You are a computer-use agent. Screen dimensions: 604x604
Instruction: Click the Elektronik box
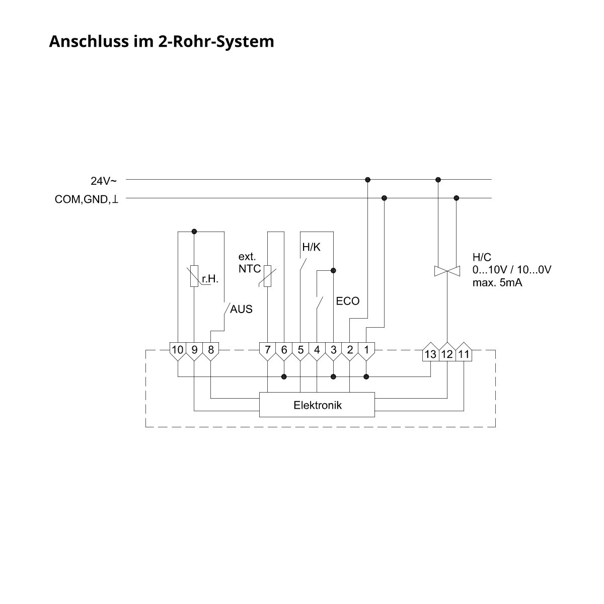pyautogui.click(x=317, y=405)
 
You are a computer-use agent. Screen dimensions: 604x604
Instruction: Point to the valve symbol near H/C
pyautogui.click(x=447, y=271)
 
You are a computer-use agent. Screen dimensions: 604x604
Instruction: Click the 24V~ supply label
pyautogui.click(x=104, y=181)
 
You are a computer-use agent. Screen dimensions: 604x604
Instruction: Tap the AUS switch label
pyautogui.click(x=241, y=309)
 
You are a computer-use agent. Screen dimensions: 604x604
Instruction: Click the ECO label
pyautogui.click(x=348, y=301)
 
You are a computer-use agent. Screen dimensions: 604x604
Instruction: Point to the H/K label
pyautogui.click(x=311, y=247)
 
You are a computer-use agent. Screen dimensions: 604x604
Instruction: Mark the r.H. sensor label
pyautogui.click(x=210, y=278)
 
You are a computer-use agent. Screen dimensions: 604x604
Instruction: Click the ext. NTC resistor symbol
pyautogui.click(x=267, y=276)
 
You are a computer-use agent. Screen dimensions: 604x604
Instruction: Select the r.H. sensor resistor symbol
pyautogui.click(x=194, y=276)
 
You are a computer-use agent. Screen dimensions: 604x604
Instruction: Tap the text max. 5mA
pyautogui.click(x=497, y=283)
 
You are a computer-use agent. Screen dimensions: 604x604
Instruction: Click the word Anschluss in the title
pyautogui.click(x=89, y=41)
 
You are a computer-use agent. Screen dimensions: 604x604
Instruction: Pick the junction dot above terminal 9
pyautogui.click(x=194, y=232)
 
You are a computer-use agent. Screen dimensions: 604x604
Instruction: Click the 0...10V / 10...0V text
pyautogui.click(x=511, y=270)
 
